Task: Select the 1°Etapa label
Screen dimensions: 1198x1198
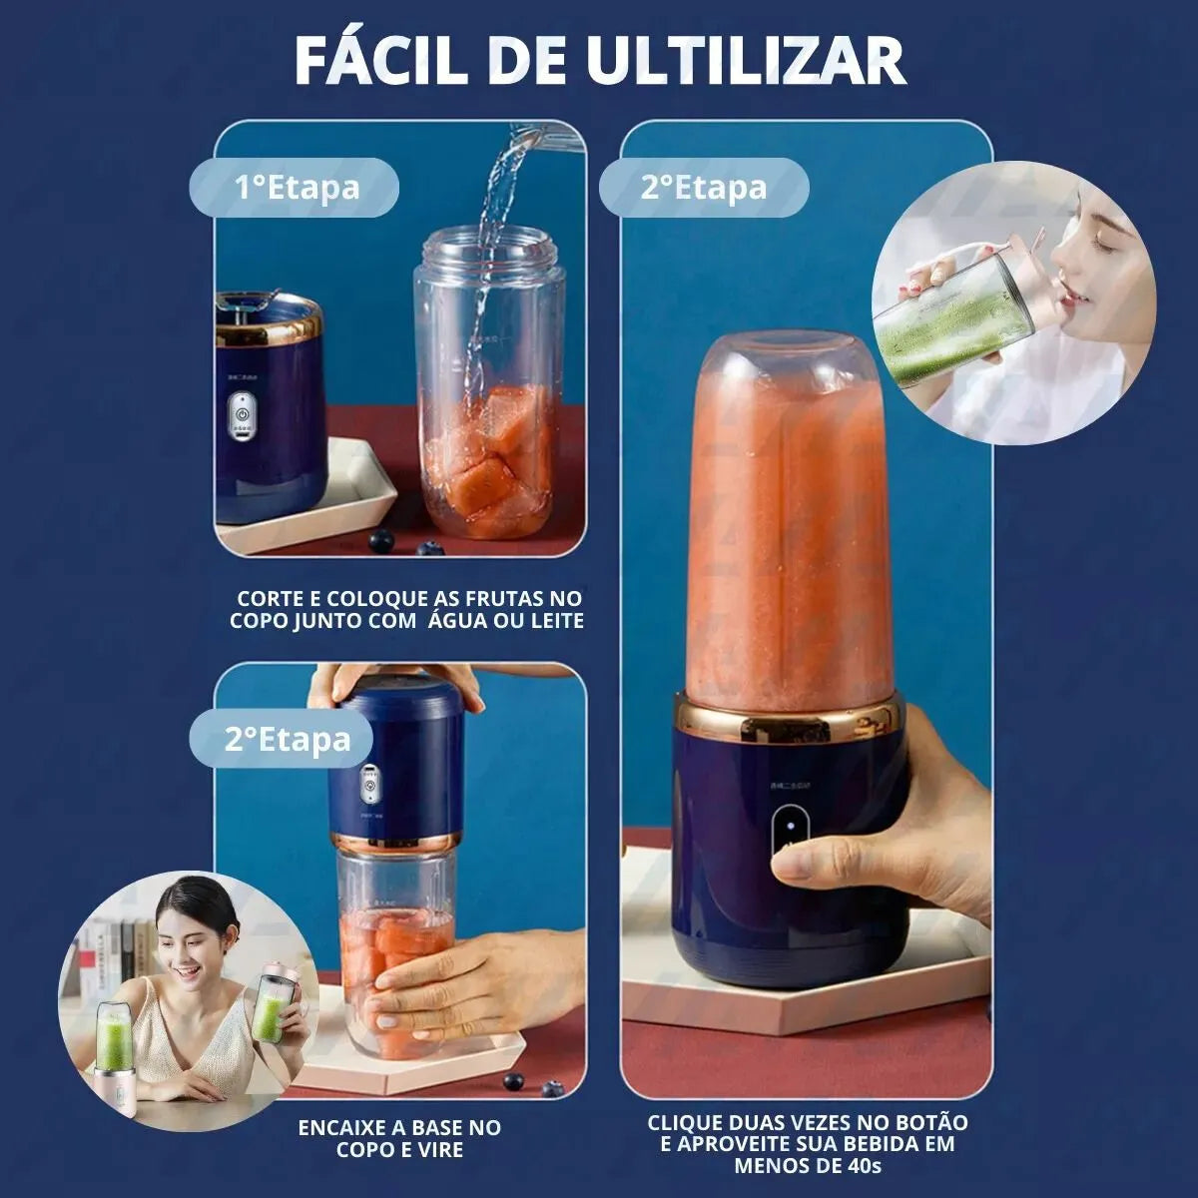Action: (x=297, y=187)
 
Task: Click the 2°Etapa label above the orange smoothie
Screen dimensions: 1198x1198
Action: (x=704, y=187)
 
